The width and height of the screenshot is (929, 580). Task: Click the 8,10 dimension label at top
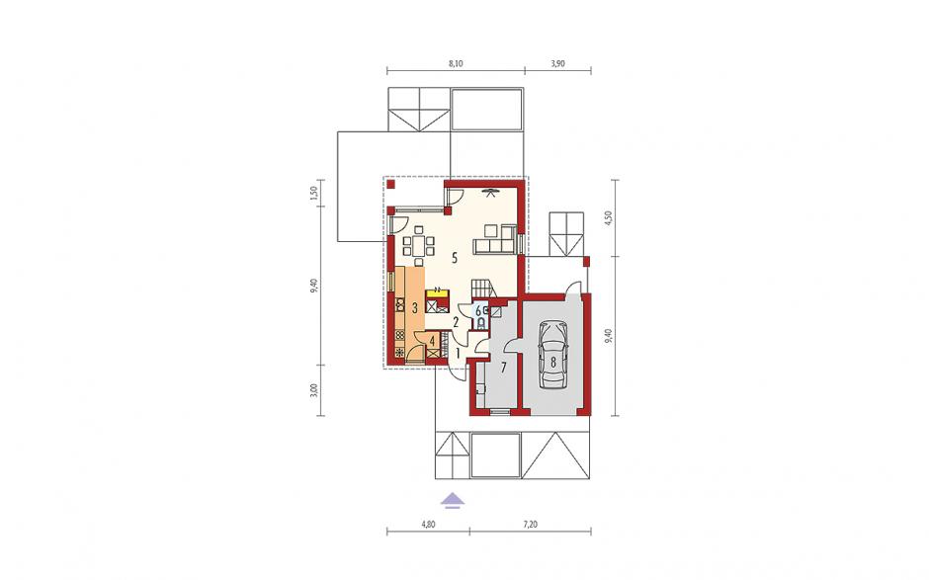pos(455,64)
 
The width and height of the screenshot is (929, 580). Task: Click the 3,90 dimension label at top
pos(557,64)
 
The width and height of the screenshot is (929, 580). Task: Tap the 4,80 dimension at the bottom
pos(428,525)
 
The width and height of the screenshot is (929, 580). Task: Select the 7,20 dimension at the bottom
pos(531,525)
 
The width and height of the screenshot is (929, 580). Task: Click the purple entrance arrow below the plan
pos(453,501)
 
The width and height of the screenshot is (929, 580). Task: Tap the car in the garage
pos(552,355)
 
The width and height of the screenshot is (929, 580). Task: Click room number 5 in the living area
pos(455,257)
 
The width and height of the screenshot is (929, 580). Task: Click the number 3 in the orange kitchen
pos(415,308)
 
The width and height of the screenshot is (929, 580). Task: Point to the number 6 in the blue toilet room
pos(477,309)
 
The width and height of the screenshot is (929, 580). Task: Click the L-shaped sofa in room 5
pos(494,239)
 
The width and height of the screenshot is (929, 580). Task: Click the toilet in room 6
pos(481,323)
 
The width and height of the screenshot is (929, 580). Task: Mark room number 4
pos(433,341)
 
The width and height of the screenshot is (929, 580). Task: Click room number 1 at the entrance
pos(458,353)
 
